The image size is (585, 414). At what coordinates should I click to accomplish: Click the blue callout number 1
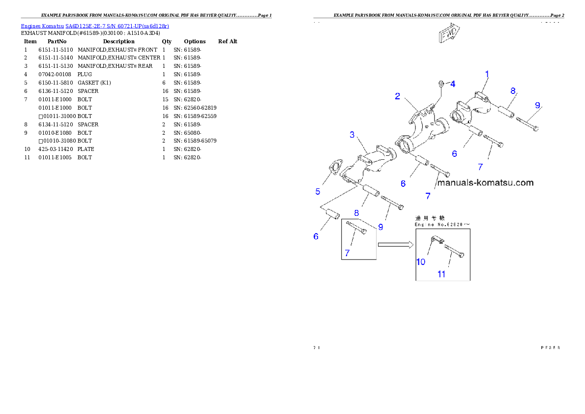(487, 74)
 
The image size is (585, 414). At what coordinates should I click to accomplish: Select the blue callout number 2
(397, 96)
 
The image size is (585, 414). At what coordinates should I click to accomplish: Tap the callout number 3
(352, 135)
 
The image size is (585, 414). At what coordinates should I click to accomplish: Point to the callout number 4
(453, 84)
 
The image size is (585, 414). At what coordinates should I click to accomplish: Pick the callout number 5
(318, 191)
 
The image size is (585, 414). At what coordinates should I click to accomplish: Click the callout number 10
(421, 262)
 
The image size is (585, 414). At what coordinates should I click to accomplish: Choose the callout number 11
(441, 274)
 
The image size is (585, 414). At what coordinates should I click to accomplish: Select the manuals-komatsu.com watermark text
(485, 182)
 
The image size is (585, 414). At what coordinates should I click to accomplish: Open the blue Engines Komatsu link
(95, 26)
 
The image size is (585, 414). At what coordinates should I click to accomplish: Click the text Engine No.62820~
(442, 224)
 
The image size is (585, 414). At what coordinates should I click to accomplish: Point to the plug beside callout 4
(441, 85)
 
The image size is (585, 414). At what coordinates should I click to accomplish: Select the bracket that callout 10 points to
(436, 241)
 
